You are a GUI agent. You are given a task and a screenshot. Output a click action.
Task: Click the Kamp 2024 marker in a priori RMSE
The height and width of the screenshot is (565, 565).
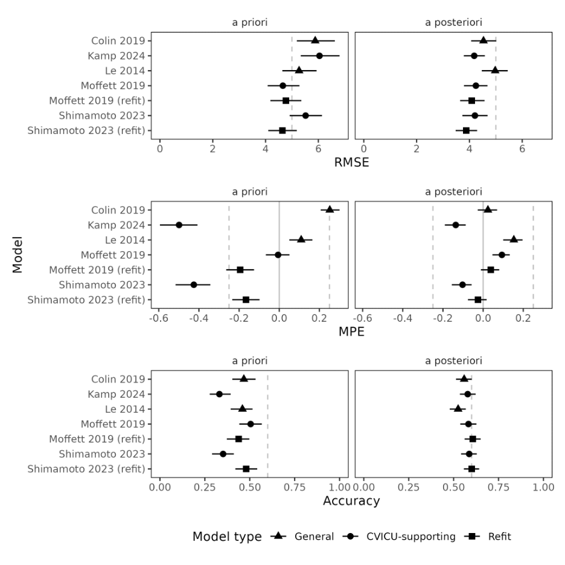[319, 56]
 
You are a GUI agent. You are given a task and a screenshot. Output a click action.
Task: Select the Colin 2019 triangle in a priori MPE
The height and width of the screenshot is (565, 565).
[330, 209]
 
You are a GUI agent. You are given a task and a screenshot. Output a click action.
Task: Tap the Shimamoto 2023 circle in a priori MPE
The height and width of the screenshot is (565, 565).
[194, 284]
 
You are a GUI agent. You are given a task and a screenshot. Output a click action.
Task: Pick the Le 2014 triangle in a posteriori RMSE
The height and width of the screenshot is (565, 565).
[495, 70]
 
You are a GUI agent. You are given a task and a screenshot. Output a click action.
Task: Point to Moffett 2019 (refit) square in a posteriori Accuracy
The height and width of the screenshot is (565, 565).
[473, 439]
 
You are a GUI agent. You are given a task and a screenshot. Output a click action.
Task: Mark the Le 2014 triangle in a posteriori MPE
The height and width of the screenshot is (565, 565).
[514, 239]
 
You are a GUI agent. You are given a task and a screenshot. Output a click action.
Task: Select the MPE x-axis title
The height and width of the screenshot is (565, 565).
[351, 331]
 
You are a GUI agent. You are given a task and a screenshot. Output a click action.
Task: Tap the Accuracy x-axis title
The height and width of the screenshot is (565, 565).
[351, 500]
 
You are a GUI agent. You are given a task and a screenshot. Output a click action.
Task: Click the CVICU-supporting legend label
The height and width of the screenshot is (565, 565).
[410, 536]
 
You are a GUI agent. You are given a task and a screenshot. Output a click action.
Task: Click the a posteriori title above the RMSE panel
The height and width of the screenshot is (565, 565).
[453, 22]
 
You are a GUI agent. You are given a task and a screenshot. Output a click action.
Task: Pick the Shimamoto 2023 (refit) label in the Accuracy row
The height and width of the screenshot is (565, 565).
[86, 469]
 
